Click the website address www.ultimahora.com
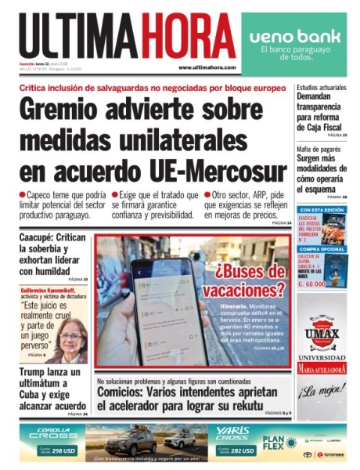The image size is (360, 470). [x=207, y=67]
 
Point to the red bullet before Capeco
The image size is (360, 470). [x=22, y=193]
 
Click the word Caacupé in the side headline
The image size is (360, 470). [x=41, y=237]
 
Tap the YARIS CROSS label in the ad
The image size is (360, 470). [x=233, y=433]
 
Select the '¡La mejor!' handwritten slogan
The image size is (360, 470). [x=322, y=391]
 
